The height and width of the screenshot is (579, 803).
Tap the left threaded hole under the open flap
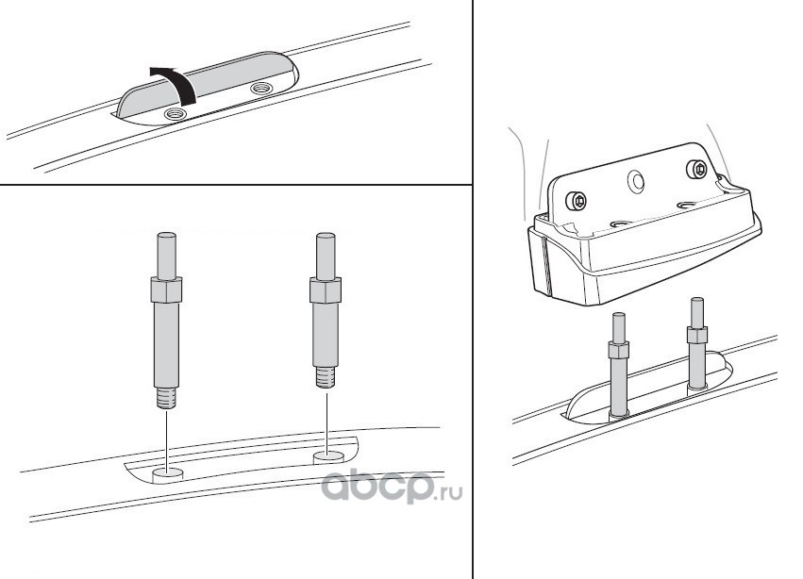(175, 115)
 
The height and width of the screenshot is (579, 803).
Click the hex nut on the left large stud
(166, 289)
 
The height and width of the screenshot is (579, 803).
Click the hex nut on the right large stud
(326, 290)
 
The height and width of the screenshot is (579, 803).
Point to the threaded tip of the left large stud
(166, 398)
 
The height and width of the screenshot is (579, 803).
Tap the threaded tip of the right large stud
(326, 378)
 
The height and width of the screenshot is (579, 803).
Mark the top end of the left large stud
(166, 234)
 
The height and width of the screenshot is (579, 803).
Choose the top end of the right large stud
(326, 235)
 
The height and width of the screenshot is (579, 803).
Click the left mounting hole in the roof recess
(167, 474)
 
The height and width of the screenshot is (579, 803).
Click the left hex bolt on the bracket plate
(577, 201)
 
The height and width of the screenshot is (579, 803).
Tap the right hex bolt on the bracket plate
(698, 169)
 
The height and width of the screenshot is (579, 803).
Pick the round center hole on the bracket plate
(636, 181)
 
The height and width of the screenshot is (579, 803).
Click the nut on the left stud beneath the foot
(619, 350)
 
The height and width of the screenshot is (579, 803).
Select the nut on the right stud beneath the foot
(697, 336)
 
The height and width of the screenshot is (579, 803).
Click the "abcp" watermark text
(376, 487)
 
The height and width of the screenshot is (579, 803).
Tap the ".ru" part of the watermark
(448, 493)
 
